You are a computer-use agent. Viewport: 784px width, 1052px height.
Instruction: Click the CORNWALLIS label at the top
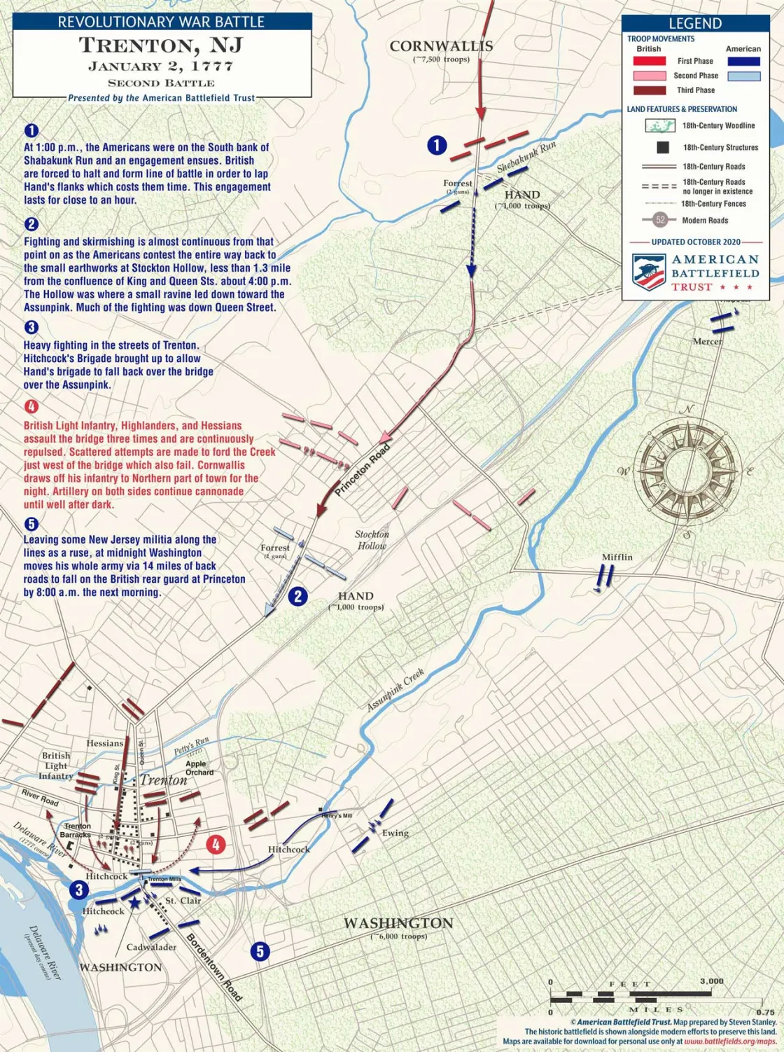point(441,46)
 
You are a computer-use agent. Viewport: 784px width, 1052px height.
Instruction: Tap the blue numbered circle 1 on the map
point(437,145)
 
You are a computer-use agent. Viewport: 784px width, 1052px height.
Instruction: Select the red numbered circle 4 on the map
point(216,845)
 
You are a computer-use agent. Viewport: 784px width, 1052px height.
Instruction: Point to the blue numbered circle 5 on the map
point(260,951)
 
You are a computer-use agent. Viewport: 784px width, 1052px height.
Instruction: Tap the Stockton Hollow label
point(372,540)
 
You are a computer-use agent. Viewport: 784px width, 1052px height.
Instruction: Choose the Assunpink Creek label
point(395,690)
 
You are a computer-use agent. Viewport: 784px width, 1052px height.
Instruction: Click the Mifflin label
point(617,558)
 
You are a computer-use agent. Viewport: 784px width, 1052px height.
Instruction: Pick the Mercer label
point(707,342)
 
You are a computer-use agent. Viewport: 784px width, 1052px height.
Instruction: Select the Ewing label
point(395,833)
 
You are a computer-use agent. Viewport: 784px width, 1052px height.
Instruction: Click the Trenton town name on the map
point(163,780)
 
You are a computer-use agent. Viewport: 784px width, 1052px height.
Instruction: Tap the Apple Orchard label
point(199,768)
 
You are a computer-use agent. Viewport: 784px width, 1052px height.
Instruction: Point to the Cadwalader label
point(151,947)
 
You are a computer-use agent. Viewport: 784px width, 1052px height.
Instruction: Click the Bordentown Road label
point(214,967)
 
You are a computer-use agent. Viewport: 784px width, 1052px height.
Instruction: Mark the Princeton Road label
point(362,471)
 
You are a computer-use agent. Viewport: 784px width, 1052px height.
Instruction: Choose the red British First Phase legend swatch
point(649,61)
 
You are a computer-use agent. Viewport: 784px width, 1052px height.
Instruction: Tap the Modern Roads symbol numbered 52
point(660,220)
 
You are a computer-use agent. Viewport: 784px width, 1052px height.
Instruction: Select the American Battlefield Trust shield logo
point(648,272)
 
